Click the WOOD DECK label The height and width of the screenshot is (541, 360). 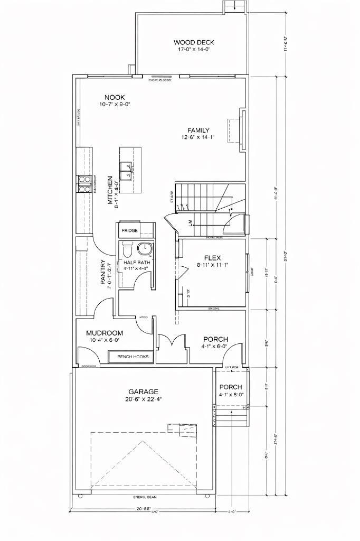194,42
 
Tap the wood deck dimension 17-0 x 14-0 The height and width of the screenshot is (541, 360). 194,50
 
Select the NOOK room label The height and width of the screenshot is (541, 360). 115,97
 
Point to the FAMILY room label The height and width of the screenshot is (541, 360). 198,130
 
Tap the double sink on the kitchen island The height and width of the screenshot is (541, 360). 126,171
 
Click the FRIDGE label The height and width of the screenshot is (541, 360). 130,231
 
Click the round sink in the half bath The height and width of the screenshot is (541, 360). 144,248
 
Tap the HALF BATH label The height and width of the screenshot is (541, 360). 136,262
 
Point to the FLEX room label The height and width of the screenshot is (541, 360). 212,258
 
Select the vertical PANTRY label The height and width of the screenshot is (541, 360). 103,273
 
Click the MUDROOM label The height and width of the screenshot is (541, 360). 105,333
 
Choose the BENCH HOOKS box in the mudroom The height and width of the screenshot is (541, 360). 132,357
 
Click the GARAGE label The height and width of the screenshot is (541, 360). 143,391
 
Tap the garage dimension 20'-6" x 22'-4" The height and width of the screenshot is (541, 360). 143,399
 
